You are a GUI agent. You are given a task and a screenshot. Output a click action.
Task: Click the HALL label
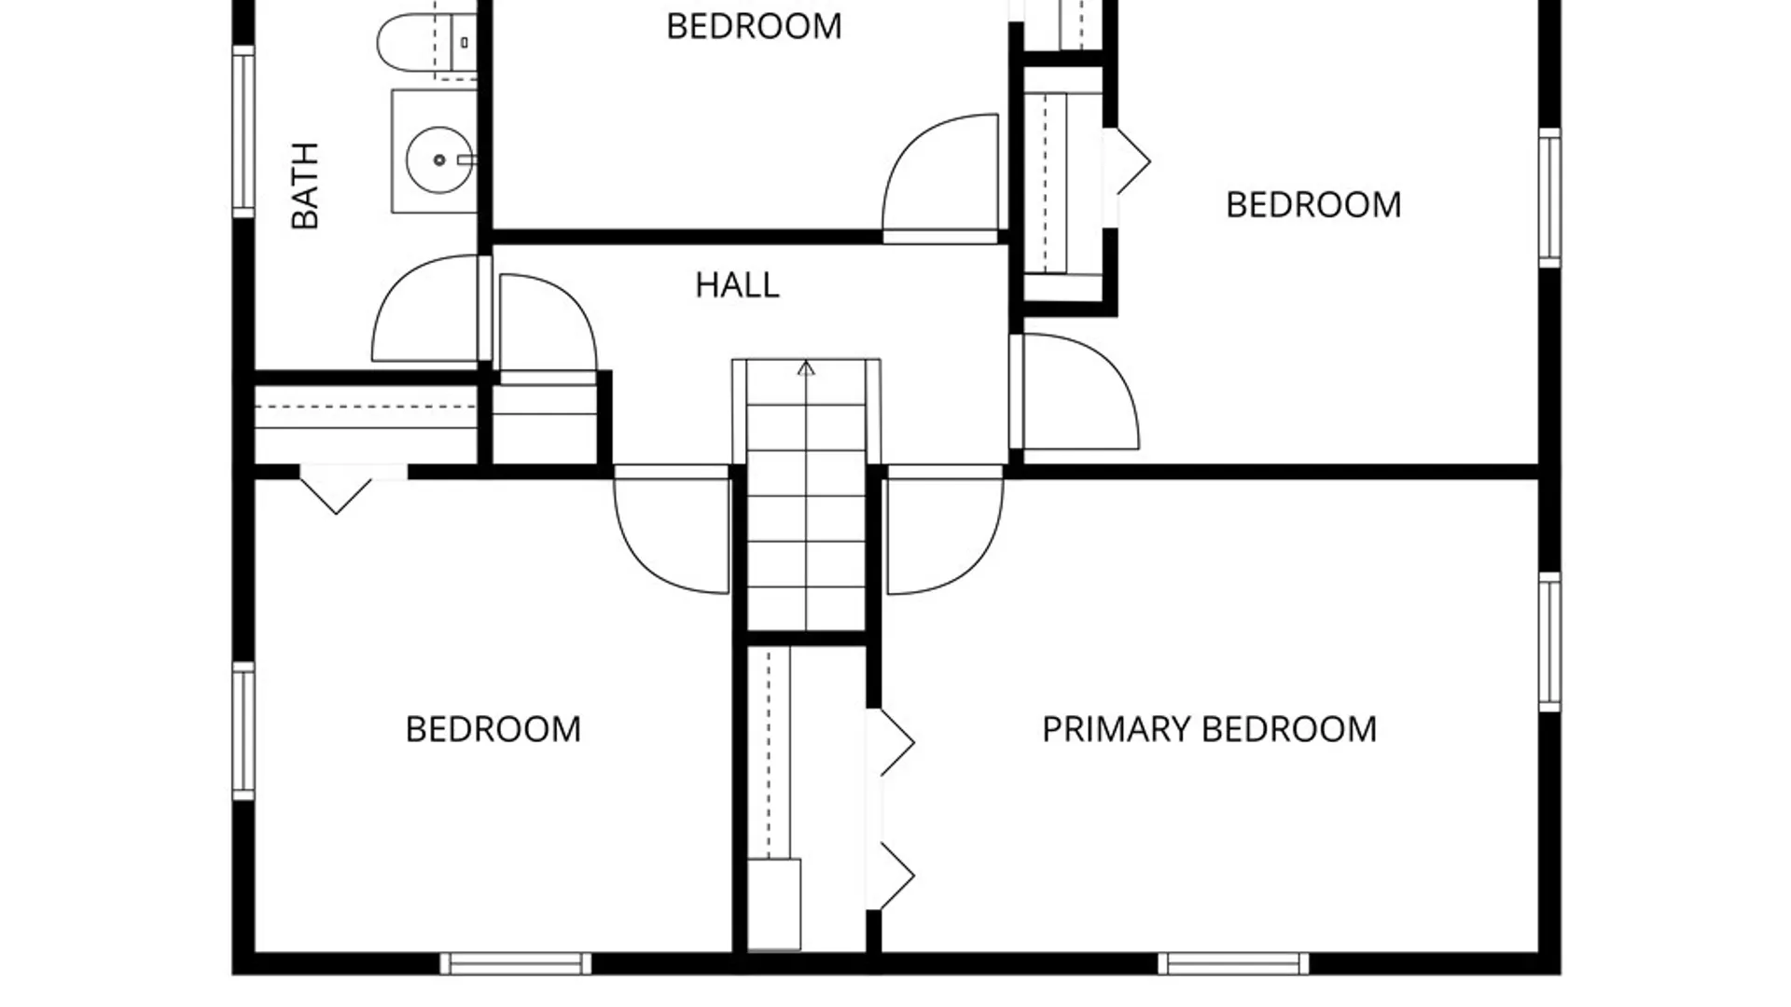(737, 284)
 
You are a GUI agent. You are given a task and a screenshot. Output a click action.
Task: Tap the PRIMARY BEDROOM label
(1209, 729)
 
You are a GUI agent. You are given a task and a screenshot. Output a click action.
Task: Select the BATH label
(305, 186)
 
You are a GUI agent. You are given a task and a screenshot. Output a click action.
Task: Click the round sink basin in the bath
(439, 160)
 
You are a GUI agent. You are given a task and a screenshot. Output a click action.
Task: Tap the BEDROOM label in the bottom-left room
(493, 729)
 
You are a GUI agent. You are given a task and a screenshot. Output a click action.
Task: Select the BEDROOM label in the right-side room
(1313, 205)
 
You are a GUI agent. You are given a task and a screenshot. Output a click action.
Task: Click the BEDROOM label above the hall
(754, 26)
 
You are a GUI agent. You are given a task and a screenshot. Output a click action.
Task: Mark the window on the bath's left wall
(243, 131)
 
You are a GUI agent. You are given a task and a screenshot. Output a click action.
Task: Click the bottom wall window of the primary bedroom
(1233, 963)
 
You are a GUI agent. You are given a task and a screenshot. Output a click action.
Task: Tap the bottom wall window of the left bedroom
(515, 963)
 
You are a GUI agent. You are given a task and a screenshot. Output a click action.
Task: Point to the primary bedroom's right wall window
(1549, 642)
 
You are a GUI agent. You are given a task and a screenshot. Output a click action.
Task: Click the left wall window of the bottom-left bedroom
(243, 731)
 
